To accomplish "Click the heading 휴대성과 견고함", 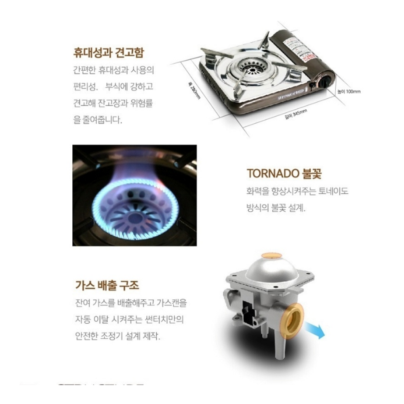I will (x=108, y=53).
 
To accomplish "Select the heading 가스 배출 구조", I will (x=107, y=286).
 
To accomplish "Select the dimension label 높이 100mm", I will (x=349, y=92).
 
